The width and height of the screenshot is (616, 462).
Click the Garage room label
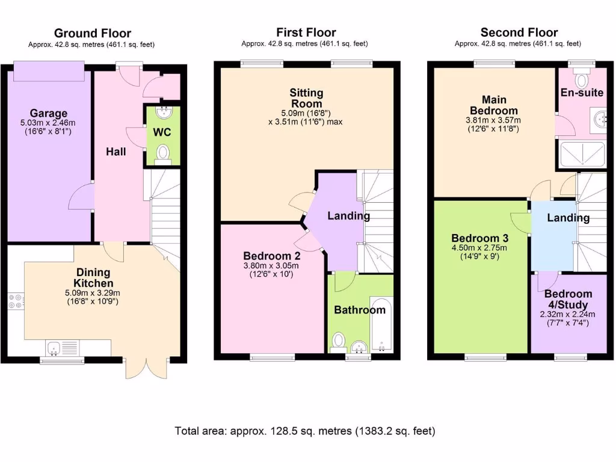[49, 113]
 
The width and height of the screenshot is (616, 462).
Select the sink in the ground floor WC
[162, 112]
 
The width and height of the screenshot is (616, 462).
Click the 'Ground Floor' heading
[92, 33]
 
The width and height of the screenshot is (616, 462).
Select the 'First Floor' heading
[306, 32]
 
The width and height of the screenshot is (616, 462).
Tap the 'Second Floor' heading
[519, 32]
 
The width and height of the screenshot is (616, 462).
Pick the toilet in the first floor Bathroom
[337, 342]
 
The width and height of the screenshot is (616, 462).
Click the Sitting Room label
[306, 98]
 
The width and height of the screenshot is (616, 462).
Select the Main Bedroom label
[493, 105]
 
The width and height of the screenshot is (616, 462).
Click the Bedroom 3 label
[475, 238]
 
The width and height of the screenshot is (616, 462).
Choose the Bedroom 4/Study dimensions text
[568, 318]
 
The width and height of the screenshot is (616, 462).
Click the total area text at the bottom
[305, 431]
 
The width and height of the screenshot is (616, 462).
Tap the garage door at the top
[49, 70]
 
